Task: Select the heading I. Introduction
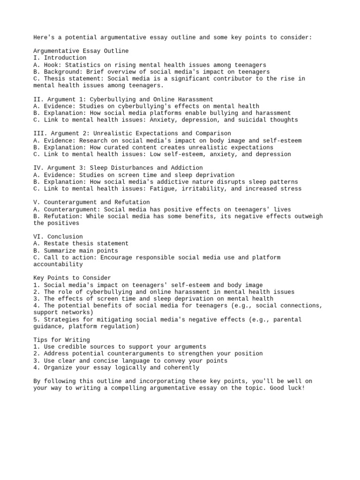(60, 58)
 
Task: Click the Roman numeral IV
(38, 168)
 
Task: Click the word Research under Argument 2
(94, 141)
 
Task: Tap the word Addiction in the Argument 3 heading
(187, 168)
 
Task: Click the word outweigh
(307, 216)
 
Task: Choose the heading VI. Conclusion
(58, 237)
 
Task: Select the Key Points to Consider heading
(72, 278)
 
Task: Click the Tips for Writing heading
(61, 340)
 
